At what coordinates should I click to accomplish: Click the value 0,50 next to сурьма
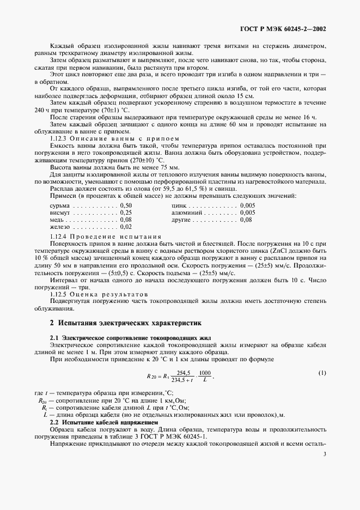point(126,205)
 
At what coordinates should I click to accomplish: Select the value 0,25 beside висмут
point(126,212)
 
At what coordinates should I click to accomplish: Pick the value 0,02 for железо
point(126,227)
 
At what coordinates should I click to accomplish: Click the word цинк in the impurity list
point(179,205)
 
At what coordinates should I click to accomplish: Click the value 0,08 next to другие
point(246,220)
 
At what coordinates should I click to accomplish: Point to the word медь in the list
point(57,220)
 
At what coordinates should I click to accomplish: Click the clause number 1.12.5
point(59,293)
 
